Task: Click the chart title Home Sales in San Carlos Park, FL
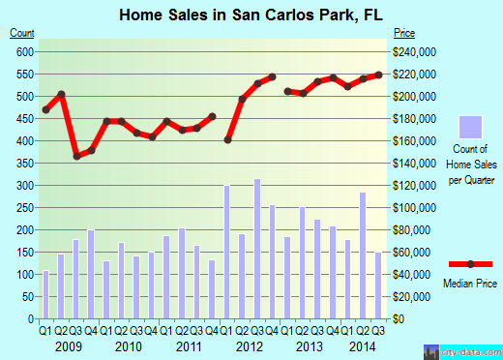251,14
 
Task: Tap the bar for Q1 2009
45,294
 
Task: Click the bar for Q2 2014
363,255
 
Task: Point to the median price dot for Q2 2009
61,94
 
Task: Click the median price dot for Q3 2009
76,156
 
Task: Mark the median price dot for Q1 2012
227,139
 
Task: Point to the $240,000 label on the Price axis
411,52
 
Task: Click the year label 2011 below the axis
189,345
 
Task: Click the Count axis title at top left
22,33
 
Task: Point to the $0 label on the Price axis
398,318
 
